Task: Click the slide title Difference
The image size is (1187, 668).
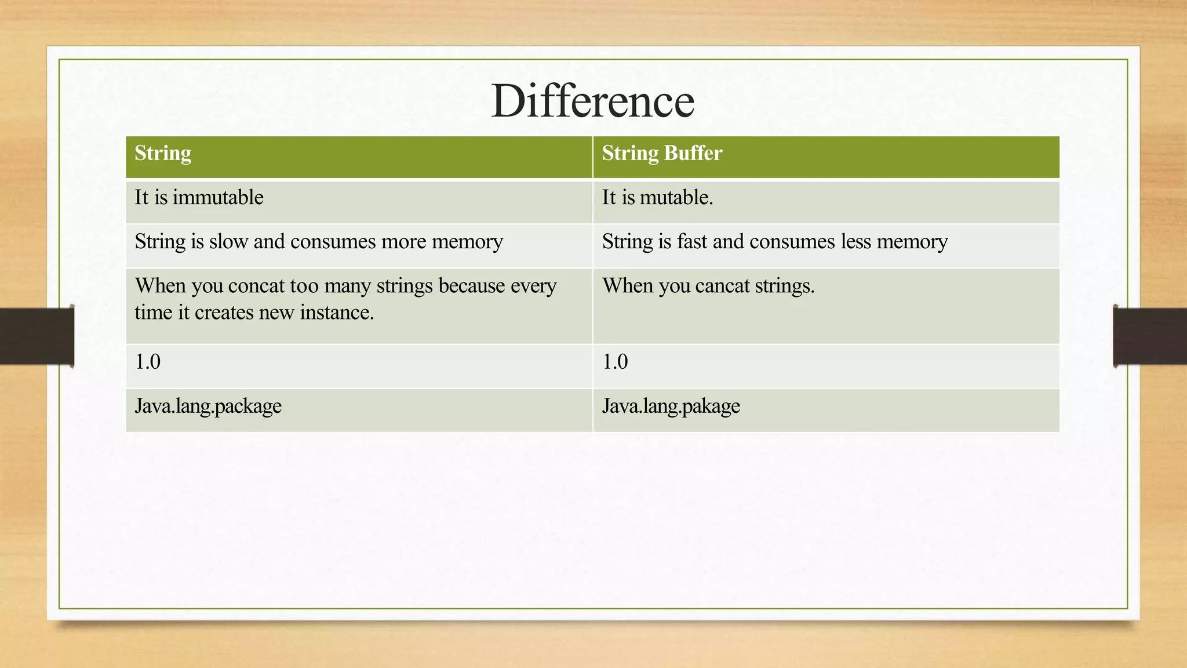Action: click(592, 101)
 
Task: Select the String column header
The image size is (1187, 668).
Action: click(163, 154)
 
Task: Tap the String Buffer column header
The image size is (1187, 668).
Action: click(662, 154)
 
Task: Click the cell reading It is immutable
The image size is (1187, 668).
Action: click(199, 198)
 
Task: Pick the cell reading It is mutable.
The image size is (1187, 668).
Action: click(657, 198)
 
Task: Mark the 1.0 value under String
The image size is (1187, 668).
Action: click(148, 362)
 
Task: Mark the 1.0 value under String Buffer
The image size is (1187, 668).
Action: click(615, 362)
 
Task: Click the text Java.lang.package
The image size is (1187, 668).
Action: click(208, 406)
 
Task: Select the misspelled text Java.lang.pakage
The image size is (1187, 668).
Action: click(671, 406)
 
